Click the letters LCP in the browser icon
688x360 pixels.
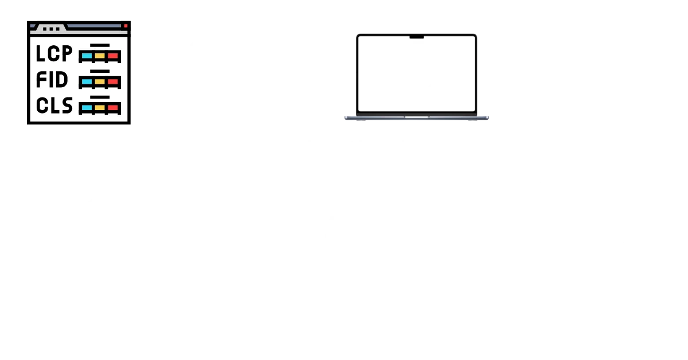(54, 53)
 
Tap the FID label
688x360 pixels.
(52, 80)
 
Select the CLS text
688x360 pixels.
(54, 105)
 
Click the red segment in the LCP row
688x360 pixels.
(113, 56)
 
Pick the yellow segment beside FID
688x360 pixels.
(100, 82)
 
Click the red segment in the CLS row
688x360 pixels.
(113, 107)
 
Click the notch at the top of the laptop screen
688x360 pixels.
(417, 38)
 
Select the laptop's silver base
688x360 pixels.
(417, 119)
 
